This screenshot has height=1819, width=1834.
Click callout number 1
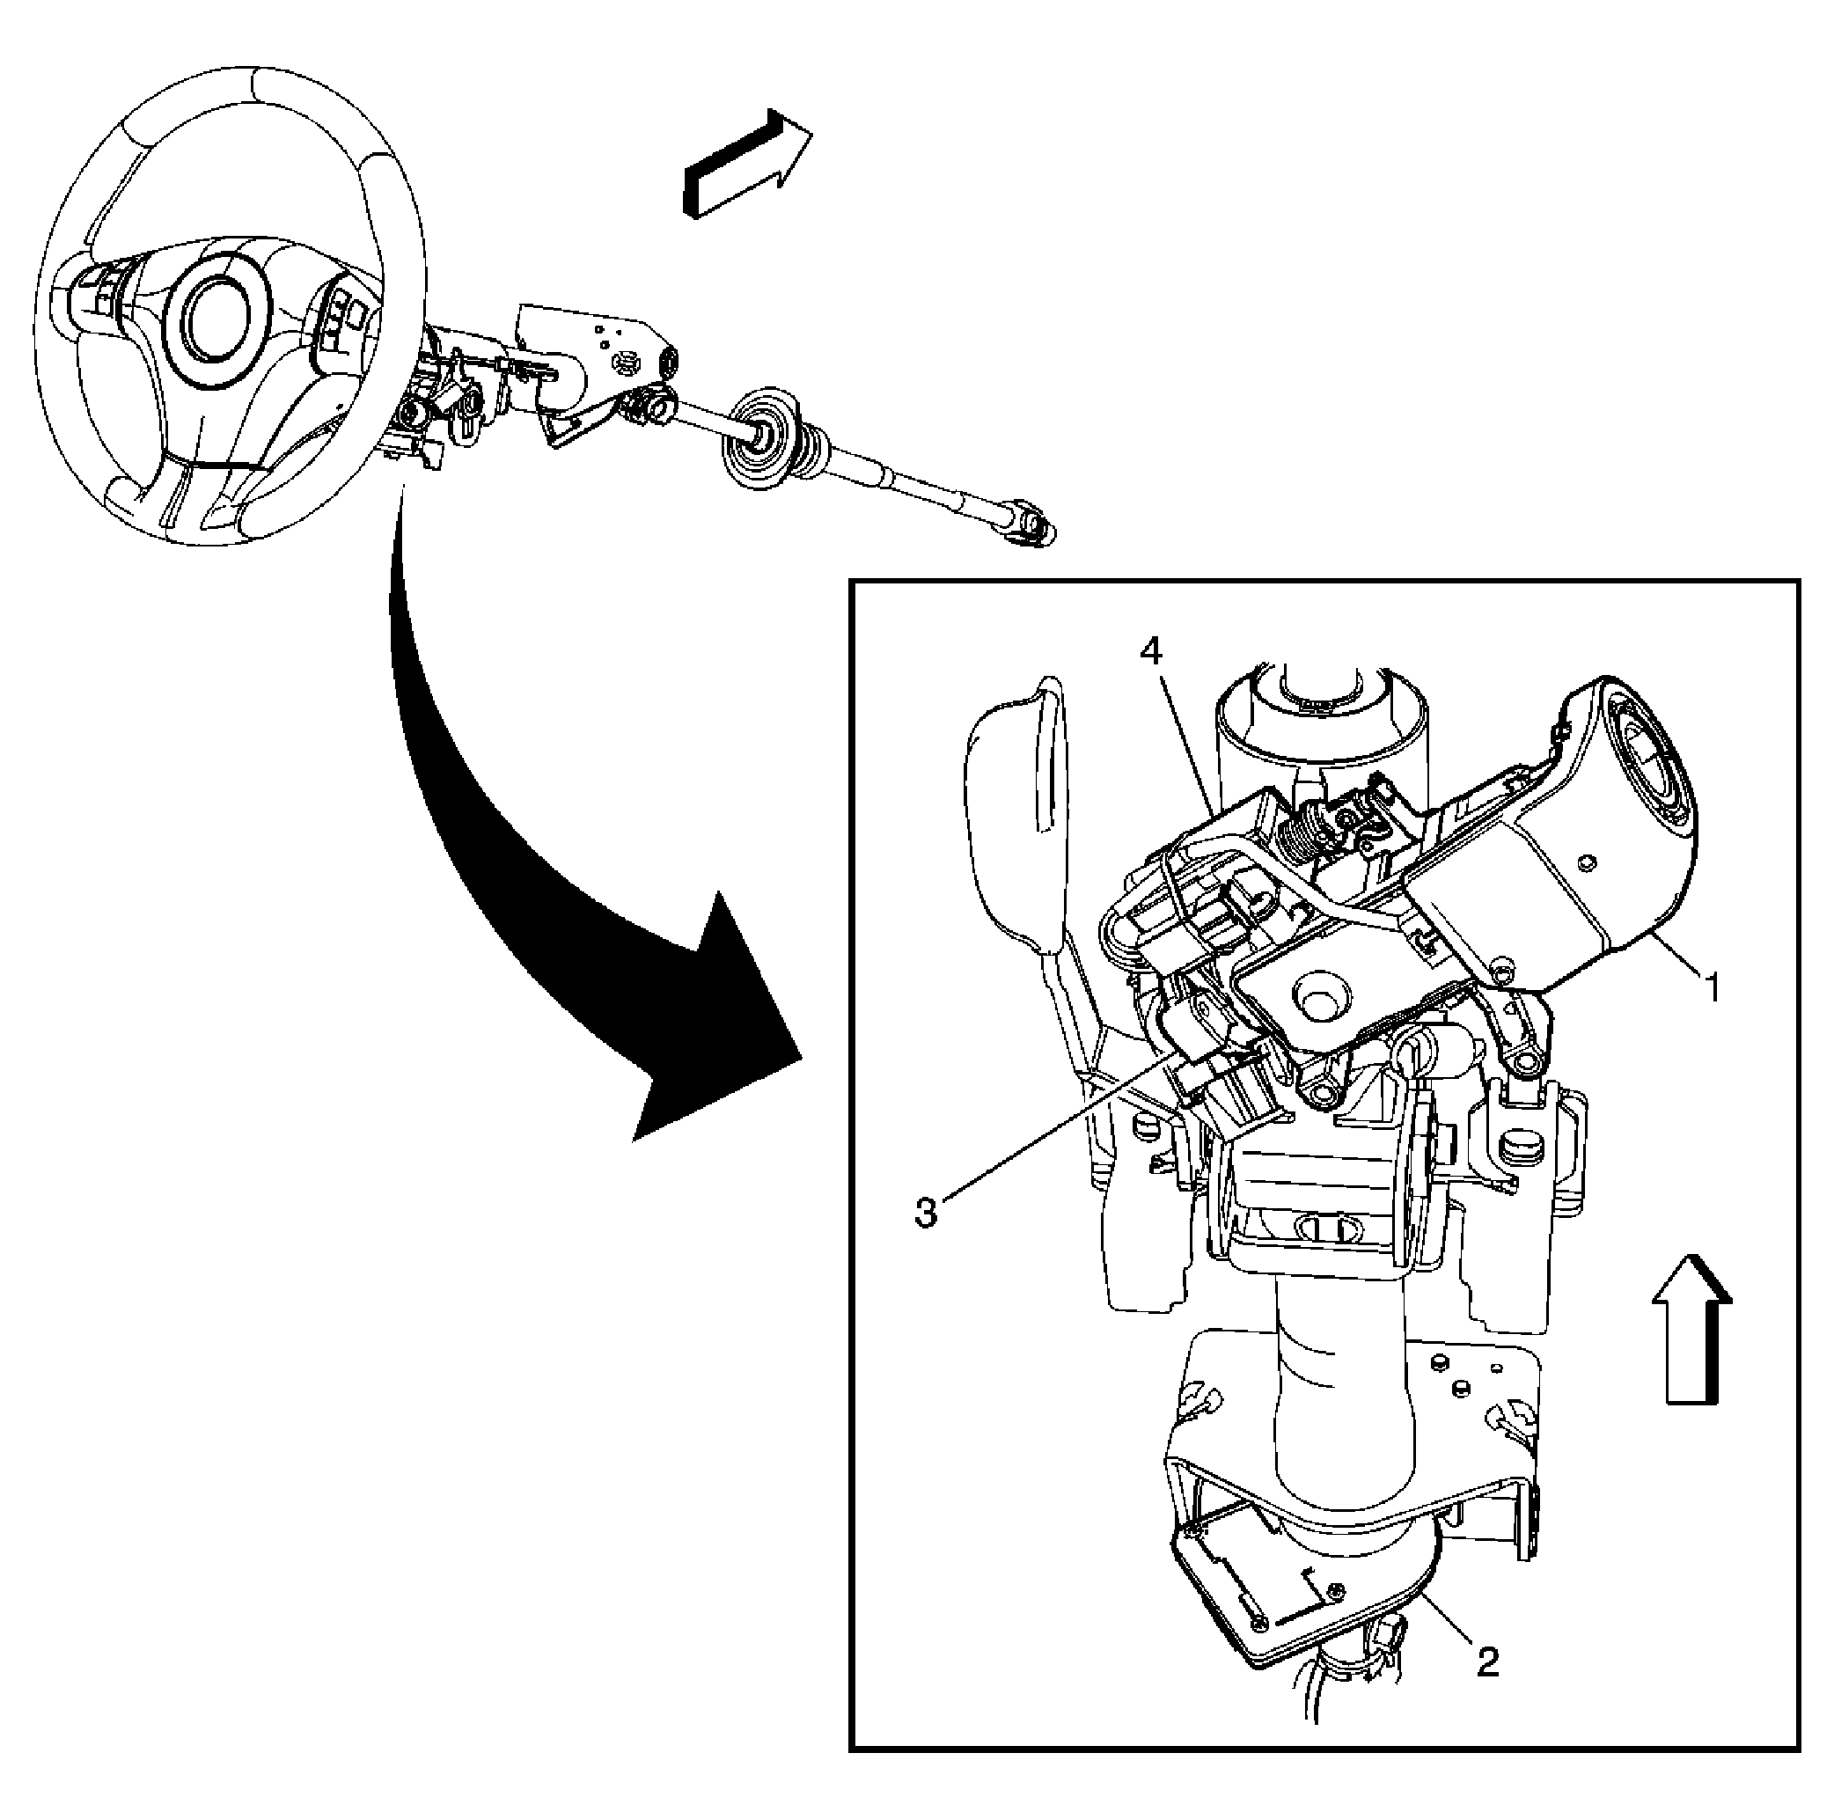(1712, 988)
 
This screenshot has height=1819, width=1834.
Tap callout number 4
(1150, 652)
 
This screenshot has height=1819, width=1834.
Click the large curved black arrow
(532, 854)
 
